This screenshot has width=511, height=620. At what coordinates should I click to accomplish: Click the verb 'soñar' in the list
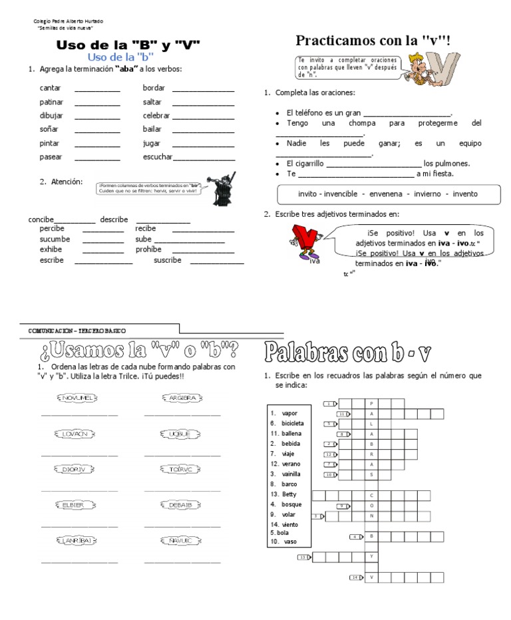(x=49, y=129)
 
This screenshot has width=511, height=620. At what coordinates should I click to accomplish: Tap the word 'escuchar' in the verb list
(x=157, y=157)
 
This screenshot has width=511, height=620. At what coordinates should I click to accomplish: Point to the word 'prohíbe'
(x=148, y=249)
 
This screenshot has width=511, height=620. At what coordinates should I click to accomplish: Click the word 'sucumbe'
(x=55, y=239)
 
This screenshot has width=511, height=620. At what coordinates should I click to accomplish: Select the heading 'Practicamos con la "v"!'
(x=373, y=41)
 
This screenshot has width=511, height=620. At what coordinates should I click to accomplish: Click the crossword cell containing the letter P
(x=371, y=403)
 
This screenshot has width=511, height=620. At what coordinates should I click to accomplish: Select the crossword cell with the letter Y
(x=371, y=557)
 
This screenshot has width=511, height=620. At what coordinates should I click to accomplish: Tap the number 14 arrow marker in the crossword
(x=356, y=577)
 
